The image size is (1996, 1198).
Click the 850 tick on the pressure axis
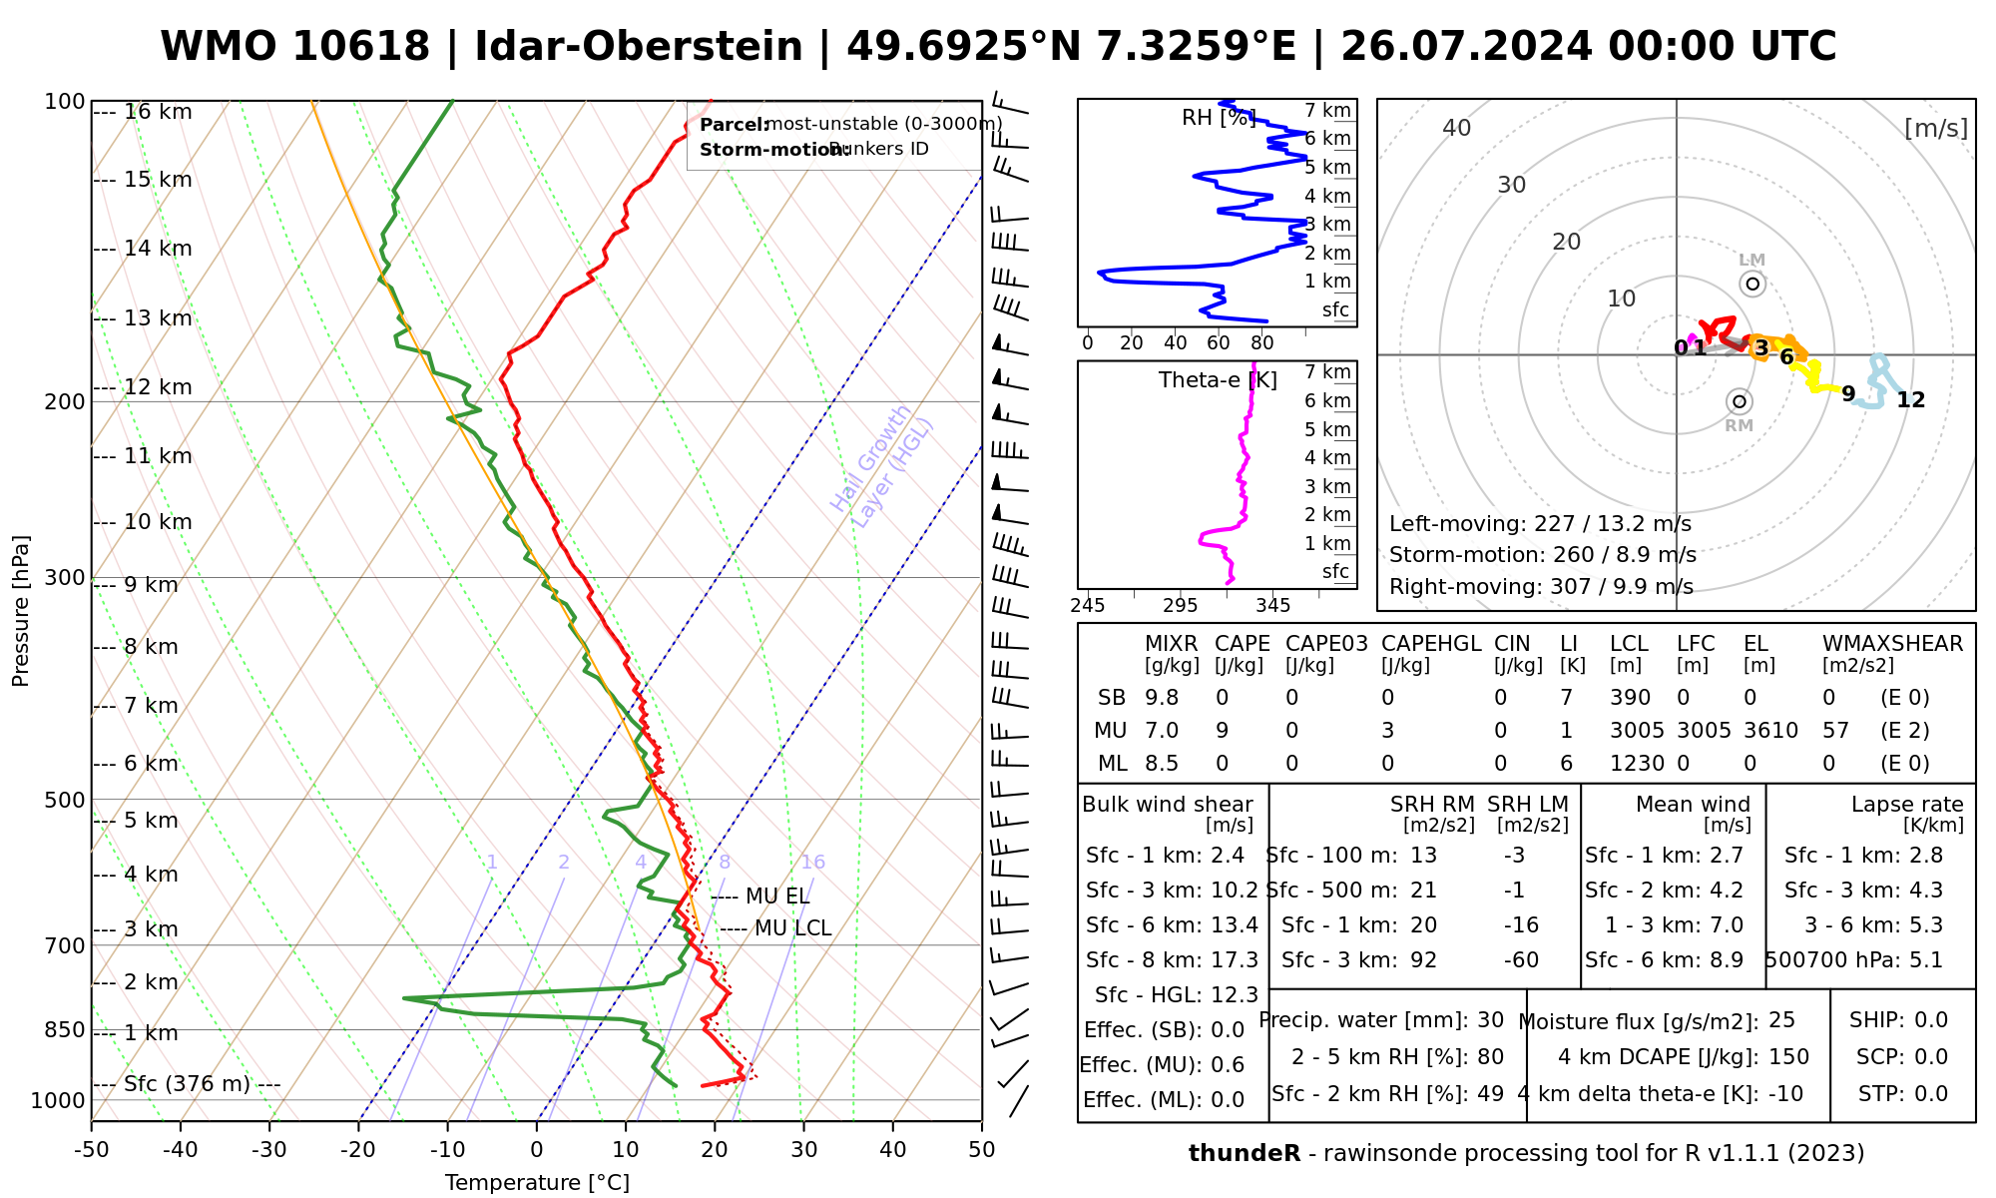(65, 1029)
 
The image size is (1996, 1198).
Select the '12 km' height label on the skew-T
(158, 387)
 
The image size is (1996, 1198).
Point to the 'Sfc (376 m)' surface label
(187, 1084)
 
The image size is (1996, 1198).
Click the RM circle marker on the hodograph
(1740, 401)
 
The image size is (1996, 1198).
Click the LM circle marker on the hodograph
(1752, 284)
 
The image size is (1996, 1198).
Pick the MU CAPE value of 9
(1222, 731)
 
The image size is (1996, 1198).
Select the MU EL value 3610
(1770, 731)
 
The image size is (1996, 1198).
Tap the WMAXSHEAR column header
(1892, 644)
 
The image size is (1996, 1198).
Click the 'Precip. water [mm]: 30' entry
(1381, 1020)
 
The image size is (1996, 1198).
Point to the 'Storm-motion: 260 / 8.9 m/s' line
(1542, 555)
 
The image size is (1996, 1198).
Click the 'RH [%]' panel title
(1218, 118)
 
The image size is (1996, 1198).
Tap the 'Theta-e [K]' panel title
(1218, 380)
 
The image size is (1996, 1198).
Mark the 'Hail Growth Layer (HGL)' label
(882, 467)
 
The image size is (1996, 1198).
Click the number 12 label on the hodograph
(1910, 400)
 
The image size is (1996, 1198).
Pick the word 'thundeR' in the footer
(1244, 1154)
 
